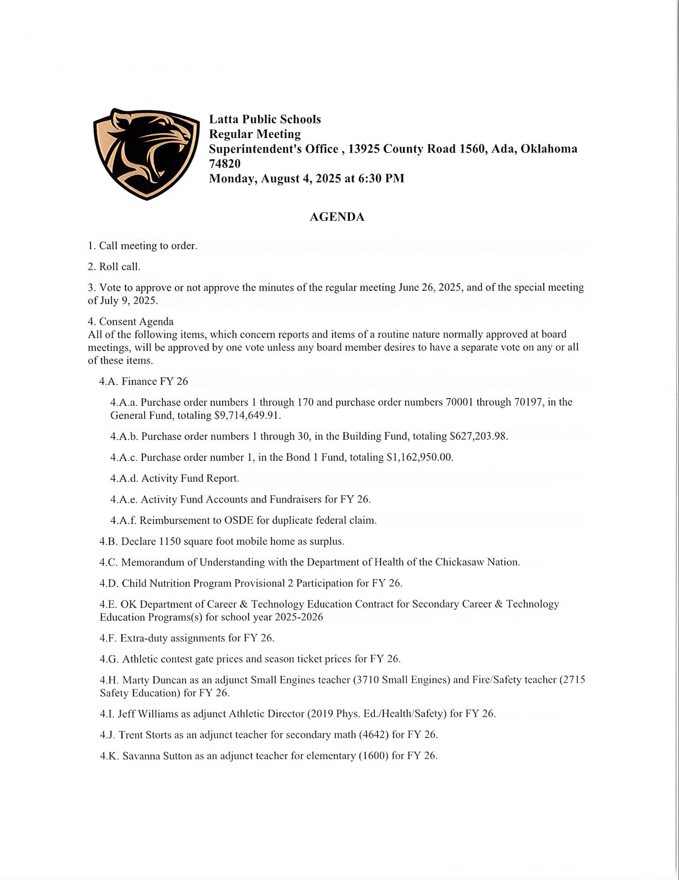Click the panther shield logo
(146, 154)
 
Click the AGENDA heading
(337, 217)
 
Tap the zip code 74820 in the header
(225, 163)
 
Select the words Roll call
(120, 267)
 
